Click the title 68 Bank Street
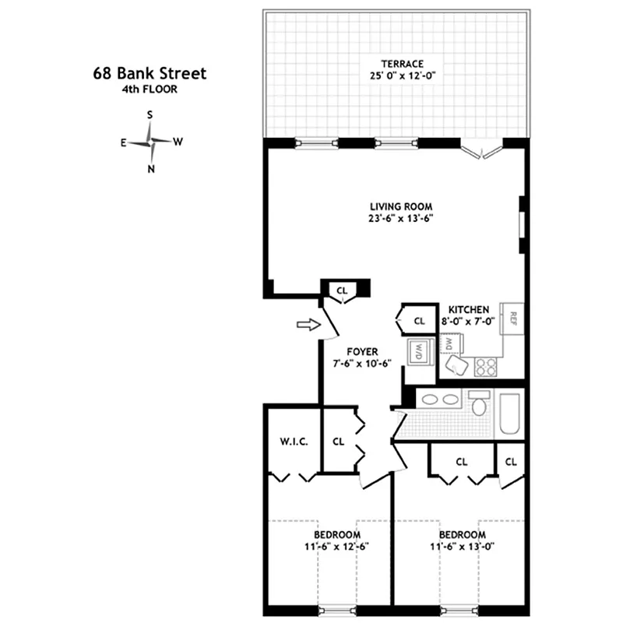(149, 75)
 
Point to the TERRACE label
(402, 64)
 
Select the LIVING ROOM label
(401, 206)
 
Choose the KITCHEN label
(469, 309)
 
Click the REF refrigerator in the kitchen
(514, 318)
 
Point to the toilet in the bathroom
(479, 404)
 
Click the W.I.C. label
(294, 441)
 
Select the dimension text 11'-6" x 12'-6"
(336, 547)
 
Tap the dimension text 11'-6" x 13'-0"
(463, 547)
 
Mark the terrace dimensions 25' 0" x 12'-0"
(402, 76)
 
